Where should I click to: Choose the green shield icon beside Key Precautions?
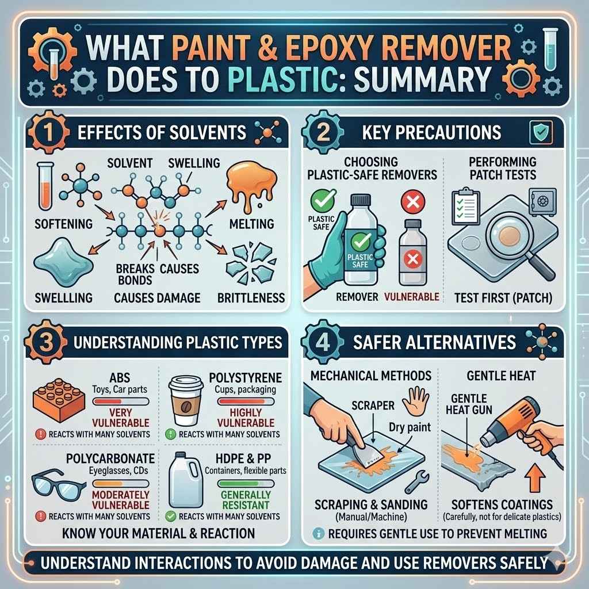pyautogui.click(x=542, y=131)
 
